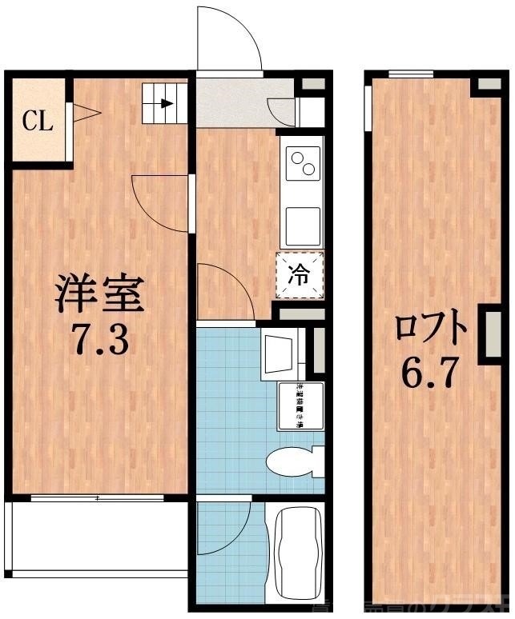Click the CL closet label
[x=37, y=122]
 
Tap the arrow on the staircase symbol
[x=166, y=102]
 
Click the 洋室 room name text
[x=99, y=294]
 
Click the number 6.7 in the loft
[x=429, y=373]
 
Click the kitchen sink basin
[x=301, y=226]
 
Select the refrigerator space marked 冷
[x=300, y=276]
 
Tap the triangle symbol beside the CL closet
[x=85, y=114]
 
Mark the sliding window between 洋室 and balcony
[x=98, y=498]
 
